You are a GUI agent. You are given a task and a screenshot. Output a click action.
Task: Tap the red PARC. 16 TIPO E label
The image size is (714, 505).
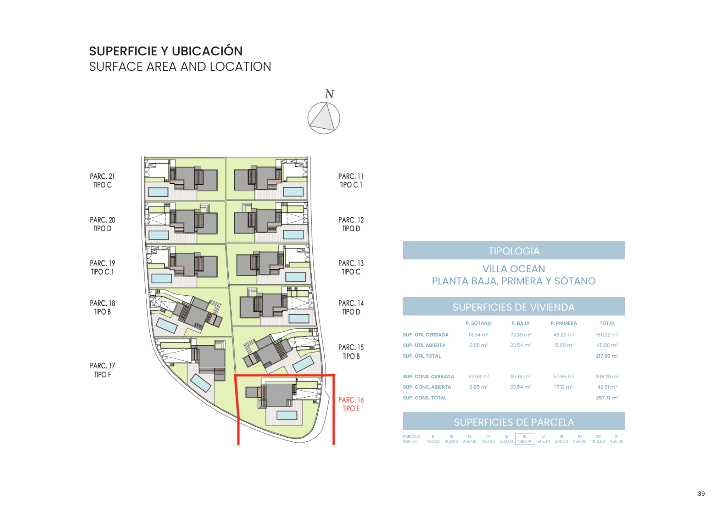351,404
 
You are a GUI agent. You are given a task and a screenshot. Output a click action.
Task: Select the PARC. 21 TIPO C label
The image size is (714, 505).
102,180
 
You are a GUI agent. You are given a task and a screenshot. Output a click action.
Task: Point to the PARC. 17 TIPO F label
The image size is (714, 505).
102,370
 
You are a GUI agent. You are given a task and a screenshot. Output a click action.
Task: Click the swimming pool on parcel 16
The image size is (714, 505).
287,415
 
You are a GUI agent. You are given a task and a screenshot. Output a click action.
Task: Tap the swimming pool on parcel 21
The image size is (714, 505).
158,192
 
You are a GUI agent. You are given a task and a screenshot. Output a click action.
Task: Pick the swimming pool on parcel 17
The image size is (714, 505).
201,383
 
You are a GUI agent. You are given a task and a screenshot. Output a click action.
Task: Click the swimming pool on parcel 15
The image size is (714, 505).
303,364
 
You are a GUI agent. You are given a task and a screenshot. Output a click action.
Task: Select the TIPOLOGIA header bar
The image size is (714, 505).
514,251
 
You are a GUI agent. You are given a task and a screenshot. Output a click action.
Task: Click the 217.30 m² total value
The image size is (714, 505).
607,356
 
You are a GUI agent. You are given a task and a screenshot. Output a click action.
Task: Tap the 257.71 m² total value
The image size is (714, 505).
607,398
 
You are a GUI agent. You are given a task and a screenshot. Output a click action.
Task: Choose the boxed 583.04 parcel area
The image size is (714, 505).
524,439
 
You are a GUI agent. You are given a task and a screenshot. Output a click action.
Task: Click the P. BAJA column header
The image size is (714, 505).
520,323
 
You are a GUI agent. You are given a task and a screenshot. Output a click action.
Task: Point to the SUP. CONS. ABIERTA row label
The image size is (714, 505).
427,387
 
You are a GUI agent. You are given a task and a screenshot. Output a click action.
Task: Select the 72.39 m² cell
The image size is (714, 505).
520,335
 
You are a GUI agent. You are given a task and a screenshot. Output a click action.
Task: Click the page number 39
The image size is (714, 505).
701,493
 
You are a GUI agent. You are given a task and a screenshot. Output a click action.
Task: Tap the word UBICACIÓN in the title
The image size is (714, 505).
207,51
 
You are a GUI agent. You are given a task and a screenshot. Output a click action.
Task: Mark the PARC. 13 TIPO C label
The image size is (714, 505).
351,267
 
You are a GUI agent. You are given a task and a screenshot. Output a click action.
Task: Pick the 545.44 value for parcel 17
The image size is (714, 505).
543,441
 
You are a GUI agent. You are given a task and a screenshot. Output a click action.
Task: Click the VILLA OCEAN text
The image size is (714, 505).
514,268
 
